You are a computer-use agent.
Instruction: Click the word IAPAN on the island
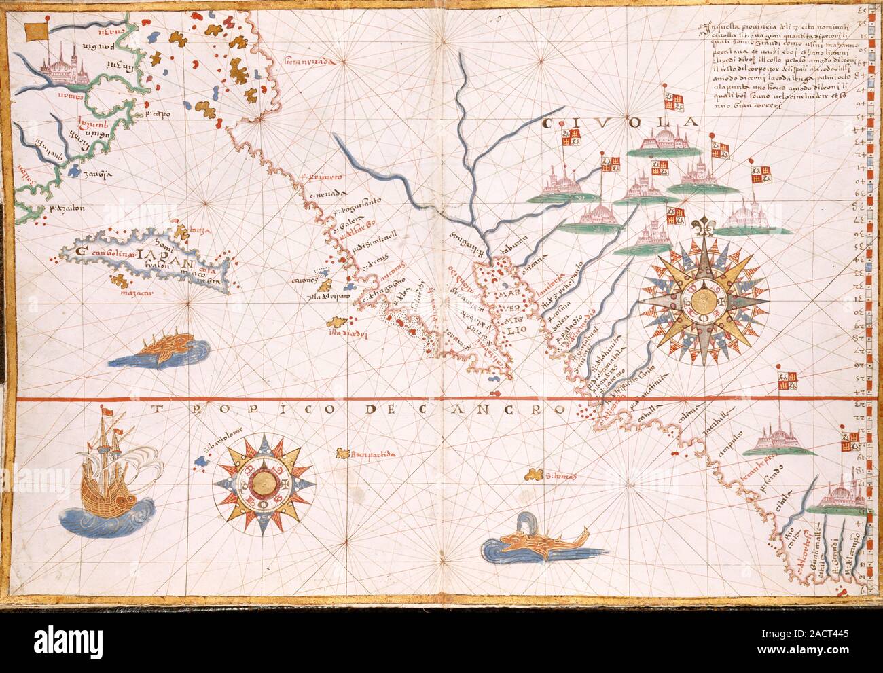tap(159, 255)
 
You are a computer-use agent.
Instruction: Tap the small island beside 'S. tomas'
tap(534, 473)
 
